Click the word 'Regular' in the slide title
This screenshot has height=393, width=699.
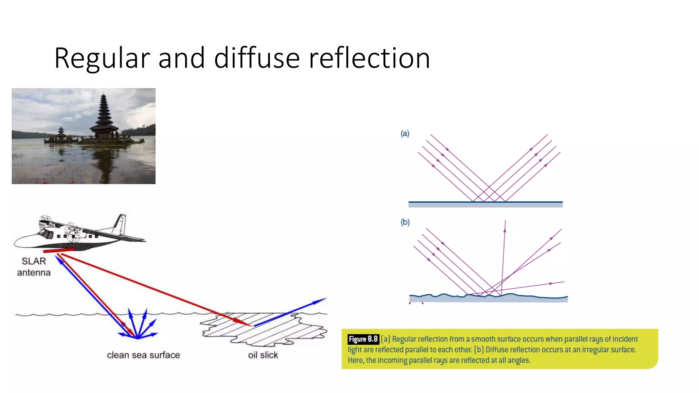102,59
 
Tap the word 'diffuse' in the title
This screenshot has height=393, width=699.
257,58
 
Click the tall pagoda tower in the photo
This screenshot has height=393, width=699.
103,116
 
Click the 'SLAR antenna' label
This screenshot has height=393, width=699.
34,267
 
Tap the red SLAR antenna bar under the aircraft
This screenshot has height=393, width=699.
59,251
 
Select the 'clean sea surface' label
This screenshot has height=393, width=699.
143,355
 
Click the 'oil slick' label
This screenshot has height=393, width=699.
263,355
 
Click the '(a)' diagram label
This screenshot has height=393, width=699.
405,133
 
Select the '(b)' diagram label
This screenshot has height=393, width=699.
405,222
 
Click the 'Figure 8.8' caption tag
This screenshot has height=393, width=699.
363,339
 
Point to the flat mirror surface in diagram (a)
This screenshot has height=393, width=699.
485,204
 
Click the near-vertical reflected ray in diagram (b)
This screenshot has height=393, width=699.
503,256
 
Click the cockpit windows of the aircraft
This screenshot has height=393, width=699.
46,234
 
